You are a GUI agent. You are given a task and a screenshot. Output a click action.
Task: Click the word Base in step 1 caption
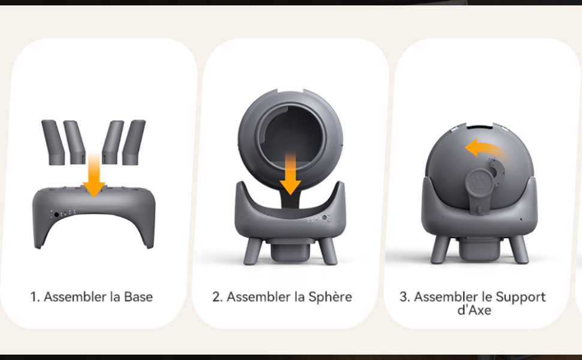(138, 297)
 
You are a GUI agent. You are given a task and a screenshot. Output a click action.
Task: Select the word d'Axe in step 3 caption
(474, 310)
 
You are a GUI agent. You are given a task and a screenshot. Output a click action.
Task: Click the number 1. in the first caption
(35, 297)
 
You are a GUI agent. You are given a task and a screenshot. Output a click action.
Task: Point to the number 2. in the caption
(218, 297)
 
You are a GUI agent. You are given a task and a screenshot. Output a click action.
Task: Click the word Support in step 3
(521, 297)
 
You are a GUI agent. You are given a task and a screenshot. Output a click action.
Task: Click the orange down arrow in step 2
(290, 173)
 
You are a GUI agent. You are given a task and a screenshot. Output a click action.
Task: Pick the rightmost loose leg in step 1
(134, 142)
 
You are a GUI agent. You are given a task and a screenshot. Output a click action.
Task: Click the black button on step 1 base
(56, 215)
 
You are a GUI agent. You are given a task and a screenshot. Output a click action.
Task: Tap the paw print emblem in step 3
(480, 182)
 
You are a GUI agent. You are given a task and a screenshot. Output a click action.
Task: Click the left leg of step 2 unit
(253, 251)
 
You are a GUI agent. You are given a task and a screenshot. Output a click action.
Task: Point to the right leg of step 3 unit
(518, 250)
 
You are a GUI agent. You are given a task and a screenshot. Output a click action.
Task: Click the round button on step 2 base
(325, 217)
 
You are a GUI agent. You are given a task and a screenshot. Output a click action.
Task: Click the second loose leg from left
(74, 142)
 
